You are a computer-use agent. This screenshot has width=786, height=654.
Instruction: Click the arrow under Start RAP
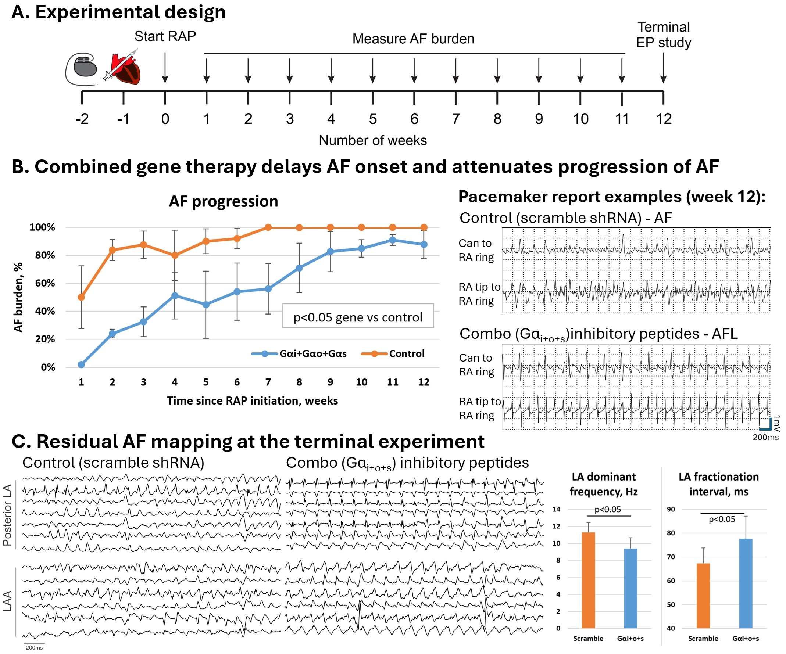point(165,68)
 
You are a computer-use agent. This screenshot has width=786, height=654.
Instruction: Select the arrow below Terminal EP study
point(663,68)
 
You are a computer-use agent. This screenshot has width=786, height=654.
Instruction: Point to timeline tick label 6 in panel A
point(414,119)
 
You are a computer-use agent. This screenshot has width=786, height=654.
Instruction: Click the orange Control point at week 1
point(81,298)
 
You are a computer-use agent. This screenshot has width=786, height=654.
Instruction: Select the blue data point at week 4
point(175,295)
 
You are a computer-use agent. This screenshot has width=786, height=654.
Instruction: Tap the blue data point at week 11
point(393,240)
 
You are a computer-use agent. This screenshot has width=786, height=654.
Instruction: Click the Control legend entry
point(393,353)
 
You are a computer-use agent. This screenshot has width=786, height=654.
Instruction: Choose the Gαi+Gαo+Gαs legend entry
point(299,353)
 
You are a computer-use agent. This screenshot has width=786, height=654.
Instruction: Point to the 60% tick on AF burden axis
point(45,283)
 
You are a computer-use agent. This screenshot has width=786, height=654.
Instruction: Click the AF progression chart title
point(224,202)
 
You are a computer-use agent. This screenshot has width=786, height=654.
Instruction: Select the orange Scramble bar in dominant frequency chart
point(588,580)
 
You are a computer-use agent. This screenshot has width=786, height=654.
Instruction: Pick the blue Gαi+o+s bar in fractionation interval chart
point(746,583)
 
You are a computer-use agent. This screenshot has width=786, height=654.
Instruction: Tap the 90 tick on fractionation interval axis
point(671,509)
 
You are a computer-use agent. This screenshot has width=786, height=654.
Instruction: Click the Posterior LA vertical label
point(7,515)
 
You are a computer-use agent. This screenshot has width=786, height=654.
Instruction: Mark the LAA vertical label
point(7,601)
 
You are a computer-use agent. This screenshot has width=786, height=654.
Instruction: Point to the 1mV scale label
point(777,423)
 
